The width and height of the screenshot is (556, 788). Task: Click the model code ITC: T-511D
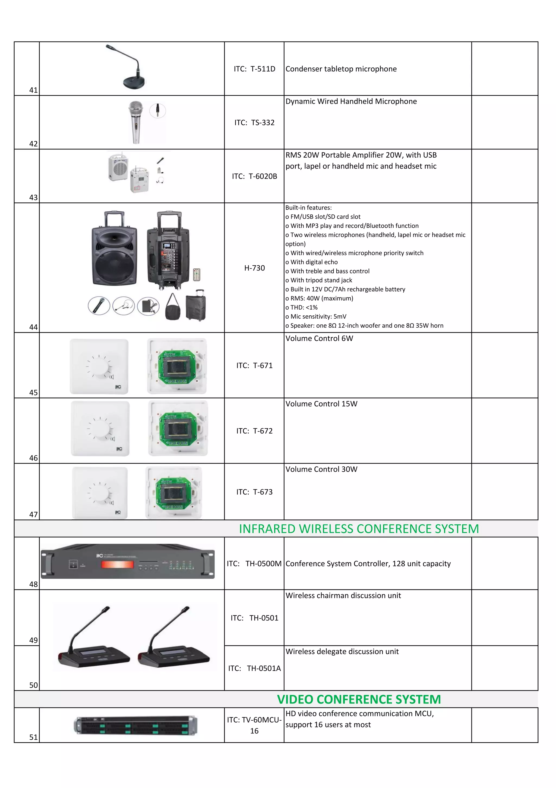254,69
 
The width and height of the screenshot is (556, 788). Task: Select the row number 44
33,327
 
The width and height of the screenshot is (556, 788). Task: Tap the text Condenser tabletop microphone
341,69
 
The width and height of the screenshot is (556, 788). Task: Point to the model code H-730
254,268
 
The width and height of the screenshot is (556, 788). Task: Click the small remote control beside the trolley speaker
197,275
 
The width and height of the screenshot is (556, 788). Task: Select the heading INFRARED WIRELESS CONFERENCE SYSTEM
359,529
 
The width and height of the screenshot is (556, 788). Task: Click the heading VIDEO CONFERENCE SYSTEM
359,699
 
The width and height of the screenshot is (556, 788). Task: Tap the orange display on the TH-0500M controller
117,564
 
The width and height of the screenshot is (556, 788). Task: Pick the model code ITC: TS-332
254,123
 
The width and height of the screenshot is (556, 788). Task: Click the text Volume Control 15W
321,404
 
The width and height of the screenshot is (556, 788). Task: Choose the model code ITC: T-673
254,492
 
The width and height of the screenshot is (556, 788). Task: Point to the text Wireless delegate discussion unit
342,651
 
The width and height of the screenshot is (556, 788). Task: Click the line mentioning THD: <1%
302,307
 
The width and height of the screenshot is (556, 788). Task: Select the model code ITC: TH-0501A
254,668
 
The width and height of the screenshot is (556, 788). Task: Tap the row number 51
33,737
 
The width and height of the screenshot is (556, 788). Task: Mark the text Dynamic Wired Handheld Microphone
351,101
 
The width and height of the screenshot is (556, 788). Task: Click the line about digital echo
311,262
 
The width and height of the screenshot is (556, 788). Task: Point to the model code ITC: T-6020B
254,176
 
